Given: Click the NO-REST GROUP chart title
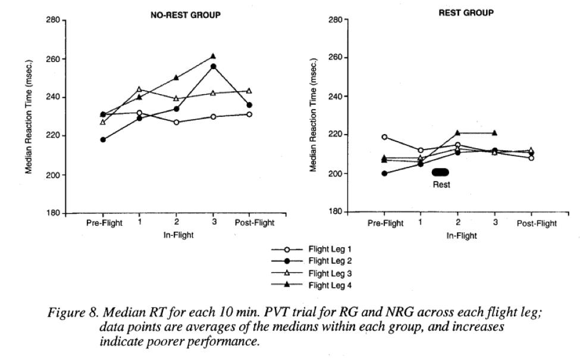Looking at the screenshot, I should point(185,15).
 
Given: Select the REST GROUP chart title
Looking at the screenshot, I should point(466,13).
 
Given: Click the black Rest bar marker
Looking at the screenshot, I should point(441,172).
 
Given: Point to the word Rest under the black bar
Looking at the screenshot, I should point(441,185).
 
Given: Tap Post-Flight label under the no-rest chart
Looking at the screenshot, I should point(254,223).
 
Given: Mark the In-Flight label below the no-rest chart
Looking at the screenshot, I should point(178,235).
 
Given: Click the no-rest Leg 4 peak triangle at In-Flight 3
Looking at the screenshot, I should point(213,57).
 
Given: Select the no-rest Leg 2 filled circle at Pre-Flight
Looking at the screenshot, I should point(103,140).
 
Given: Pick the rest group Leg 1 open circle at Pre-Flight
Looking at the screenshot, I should point(384,137).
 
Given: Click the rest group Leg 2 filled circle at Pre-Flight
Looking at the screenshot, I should point(384,173).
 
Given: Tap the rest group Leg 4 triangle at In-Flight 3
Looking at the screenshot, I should point(494,133).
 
